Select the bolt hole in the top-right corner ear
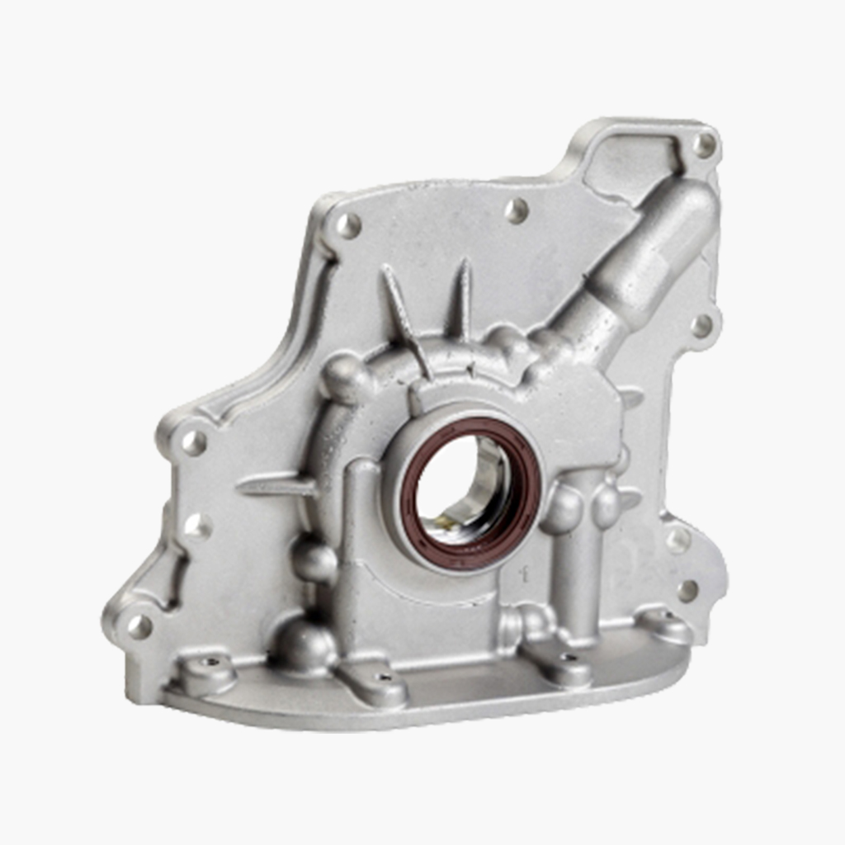point(704,145)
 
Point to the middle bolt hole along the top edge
point(516,210)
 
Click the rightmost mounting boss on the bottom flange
point(668,625)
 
